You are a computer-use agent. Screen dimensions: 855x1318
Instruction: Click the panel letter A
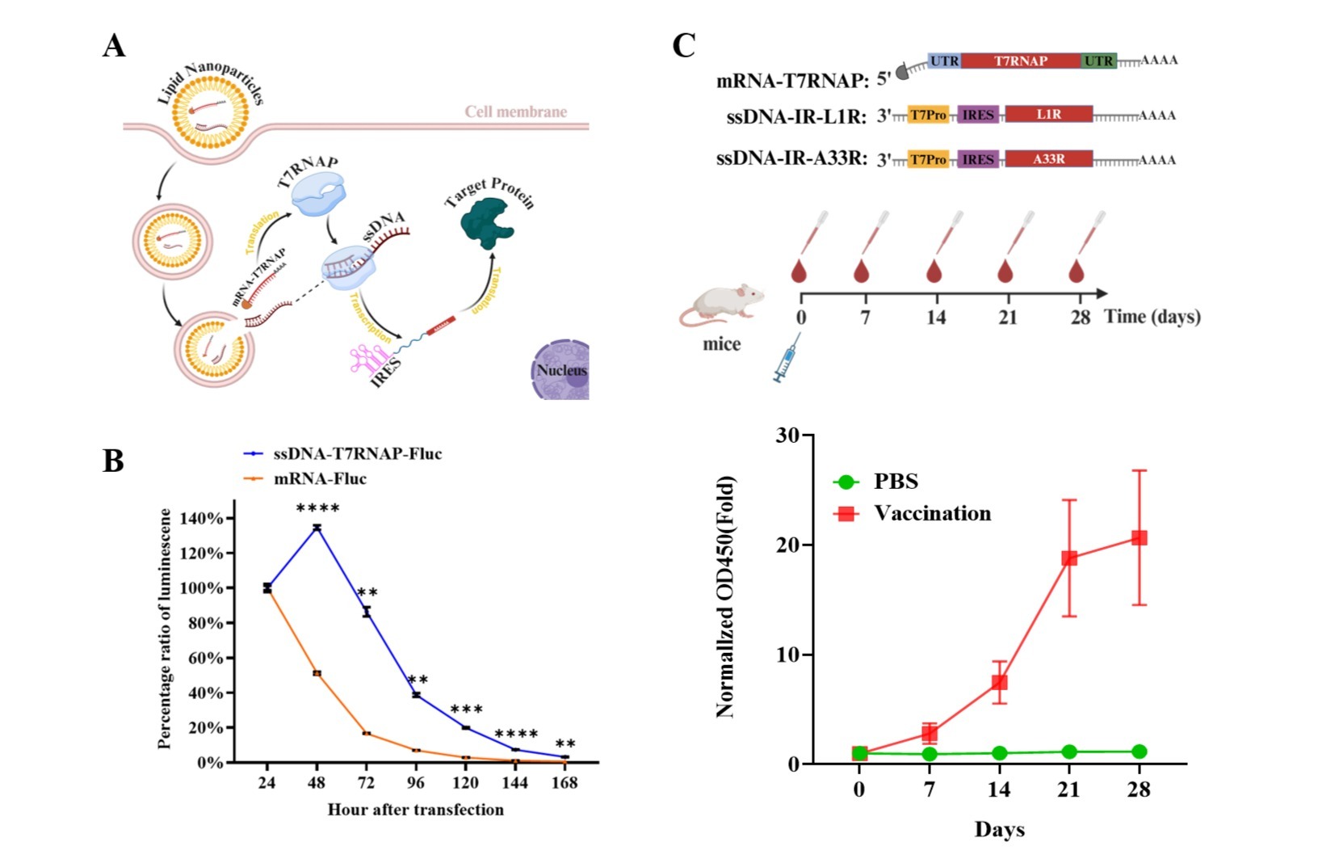[x=114, y=46]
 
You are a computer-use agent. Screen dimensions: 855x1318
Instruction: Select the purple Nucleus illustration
[x=562, y=370]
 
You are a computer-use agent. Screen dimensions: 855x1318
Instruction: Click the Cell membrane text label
[x=515, y=112]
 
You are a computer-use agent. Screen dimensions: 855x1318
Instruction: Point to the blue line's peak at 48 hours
[x=317, y=527]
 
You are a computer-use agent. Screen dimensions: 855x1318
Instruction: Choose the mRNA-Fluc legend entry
[x=320, y=478]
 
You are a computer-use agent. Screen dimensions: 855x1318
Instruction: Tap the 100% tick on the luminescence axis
[x=200, y=588]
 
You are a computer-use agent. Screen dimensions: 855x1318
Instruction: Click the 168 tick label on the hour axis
[x=565, y=782]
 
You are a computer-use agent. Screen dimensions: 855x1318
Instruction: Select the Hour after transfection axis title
[x=415, y=810]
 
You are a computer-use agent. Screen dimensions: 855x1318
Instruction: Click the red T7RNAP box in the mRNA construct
[x=1020, y=61]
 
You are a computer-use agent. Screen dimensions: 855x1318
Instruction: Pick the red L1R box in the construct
[x=1048, y=115]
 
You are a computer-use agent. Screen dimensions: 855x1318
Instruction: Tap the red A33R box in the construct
[x=1048, y=159]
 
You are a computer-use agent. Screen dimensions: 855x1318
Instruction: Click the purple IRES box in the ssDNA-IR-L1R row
[x=977, y=115]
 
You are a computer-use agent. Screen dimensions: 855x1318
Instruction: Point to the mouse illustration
[x=721, y=305]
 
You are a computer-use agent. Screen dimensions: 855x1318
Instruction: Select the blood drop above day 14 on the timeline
[x=934, y=271]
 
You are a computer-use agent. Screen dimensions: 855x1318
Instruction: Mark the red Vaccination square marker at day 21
[x=1069, y=558]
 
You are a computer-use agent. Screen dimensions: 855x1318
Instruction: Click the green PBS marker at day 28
[x=1139, y=752]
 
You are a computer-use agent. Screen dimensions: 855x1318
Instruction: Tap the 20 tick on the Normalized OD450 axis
[x=787, y=545]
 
